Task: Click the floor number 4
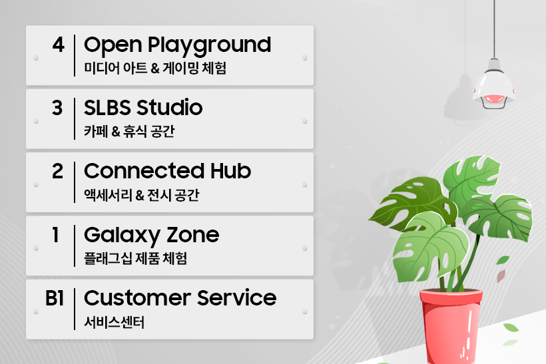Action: [x=59, y=45]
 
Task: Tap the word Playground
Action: [x=209, y=46]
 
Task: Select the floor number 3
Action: [x=57, y=108]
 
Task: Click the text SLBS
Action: [x=109, y=108]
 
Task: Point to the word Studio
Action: [x=170, y=107]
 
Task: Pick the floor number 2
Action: [x=58, y=171]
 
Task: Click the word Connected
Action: [x=144, y=171]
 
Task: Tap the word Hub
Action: [x=230, y=171]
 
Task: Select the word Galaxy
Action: [x=123, y=236]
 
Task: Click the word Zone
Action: [x=193, y=235]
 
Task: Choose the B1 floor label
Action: [x=55, y=298]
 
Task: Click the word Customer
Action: [x=138, y=298]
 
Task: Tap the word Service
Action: [x=237, y=298]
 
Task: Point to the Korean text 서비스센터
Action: [x=115, y=322]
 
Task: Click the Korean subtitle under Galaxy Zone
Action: [x=135, y=259]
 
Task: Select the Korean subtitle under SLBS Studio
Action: [x=129, y=132]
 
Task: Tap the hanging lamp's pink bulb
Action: [x=494, y=98]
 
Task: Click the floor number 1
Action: [x=55, y=235]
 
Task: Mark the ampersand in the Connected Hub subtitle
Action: [x=140, y=196]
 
